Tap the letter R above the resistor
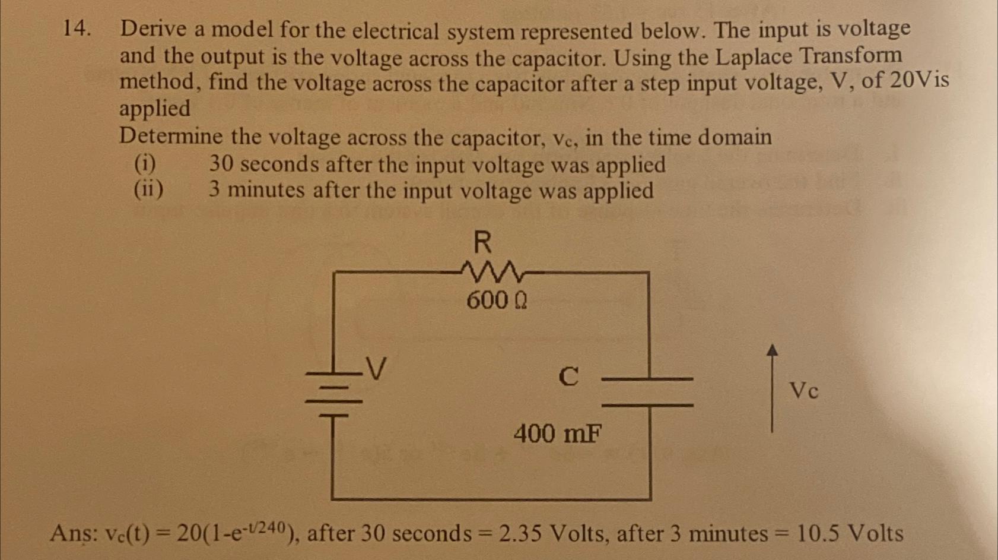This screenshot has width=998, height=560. [x=482, y=242]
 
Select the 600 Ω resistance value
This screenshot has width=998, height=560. [x=496, y=300]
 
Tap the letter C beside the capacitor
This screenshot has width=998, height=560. [x=568, y=377]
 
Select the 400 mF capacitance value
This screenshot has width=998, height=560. [x=557, y=434]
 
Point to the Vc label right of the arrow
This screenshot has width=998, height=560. [x=803, y=391]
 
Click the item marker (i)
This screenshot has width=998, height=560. [x=145, y=163]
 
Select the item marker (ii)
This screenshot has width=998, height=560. [x=148, y=189]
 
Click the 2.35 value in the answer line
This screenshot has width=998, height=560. [x=520, y=533]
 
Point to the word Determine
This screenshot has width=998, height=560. [x=171, y=137]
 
